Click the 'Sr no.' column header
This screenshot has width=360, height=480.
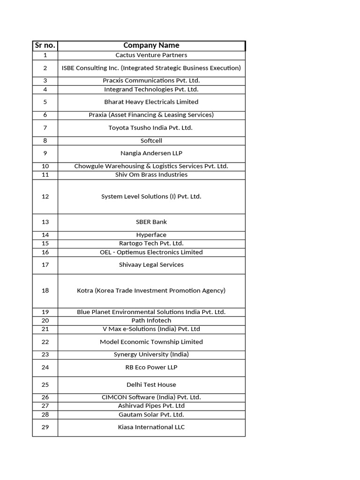[x=45, y=45]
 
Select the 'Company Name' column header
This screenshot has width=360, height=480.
[x=151, y=45]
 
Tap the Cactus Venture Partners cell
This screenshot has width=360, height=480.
[x=151, y=55]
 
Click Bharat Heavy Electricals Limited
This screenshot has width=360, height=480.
[x=151, y=102]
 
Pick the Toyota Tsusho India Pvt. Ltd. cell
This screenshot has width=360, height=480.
[x=151, y=127]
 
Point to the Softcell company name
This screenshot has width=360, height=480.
[x=151, y=141]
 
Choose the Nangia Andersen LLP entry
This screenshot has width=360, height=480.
[x=151, y=153]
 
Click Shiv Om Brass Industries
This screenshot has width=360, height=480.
[x=151, y=175]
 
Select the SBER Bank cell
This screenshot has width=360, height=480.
[x=151, y=222]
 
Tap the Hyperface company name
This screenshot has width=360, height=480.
[x=151, y=235]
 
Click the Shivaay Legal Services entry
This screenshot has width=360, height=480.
[x=151, y=265]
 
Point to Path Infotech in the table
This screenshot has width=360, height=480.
[x=151, y=321]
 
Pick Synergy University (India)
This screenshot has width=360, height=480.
[x=151, y=355]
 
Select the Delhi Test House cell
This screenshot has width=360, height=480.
[x=151, y=385]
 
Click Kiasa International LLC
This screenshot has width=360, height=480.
[x=151, y=427]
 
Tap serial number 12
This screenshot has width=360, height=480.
[x=45, y=196]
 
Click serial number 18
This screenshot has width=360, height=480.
[x=45, y=291]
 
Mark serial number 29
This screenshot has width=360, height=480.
[x=45, y=427]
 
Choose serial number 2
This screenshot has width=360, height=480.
[x=45, y=68]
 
